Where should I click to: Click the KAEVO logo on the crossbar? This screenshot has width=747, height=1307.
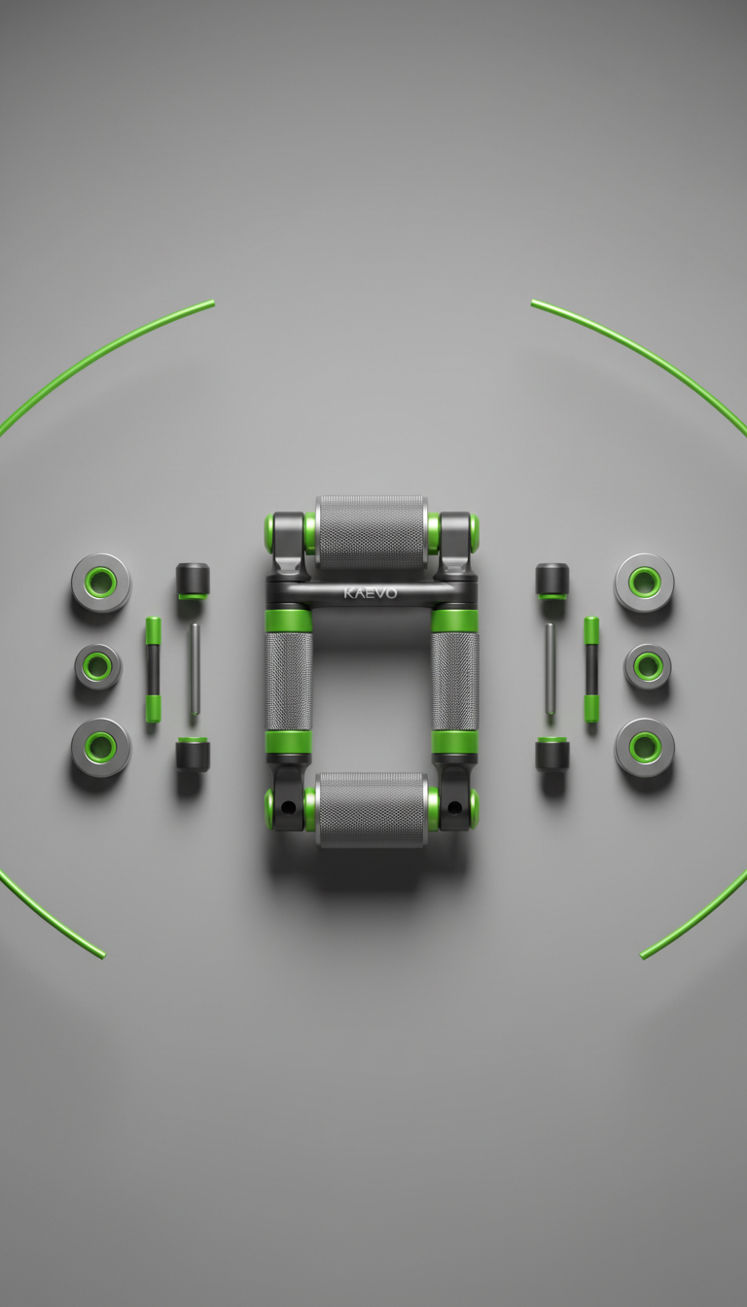tap(370, 593)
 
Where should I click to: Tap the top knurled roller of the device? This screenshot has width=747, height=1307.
tap(372, 533)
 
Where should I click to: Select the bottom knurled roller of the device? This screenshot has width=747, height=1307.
tap(372, 809)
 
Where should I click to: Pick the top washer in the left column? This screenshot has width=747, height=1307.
tap(101, 582)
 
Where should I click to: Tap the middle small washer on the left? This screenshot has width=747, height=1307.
tap(98, 666)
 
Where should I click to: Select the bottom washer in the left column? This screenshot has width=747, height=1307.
tap(101, 748)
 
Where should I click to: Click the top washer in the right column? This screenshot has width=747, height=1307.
tap(644, 582)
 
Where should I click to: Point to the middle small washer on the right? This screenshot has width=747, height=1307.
tap(647, 666)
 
